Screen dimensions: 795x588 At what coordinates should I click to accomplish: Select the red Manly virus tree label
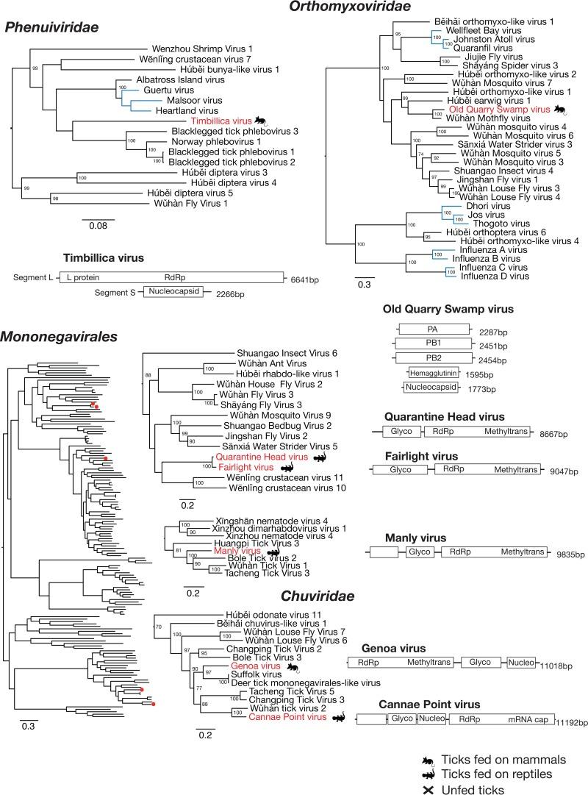237,550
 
